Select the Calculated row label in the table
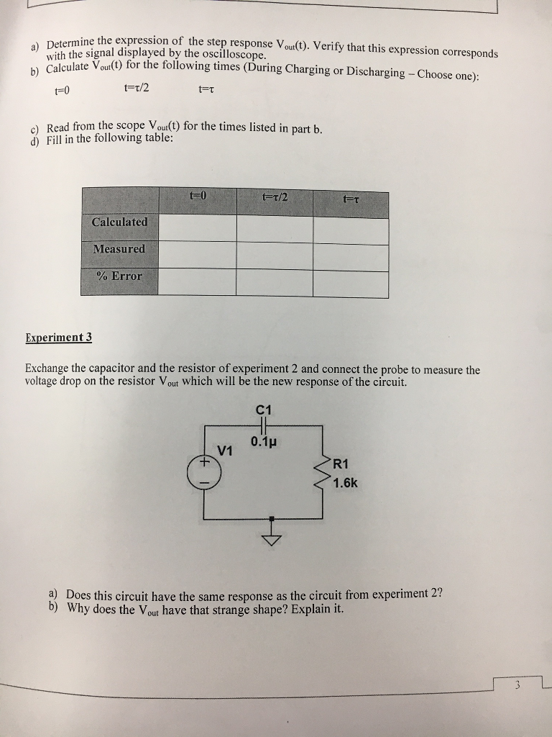coord(119,222)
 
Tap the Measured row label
coord(119,249)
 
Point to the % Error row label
coord(119,276)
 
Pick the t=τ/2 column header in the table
coord(275,197)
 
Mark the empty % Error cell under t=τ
coord(351,283)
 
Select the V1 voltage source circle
coord(204,472)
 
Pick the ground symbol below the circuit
coord(271,536)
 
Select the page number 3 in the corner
coord(517,686)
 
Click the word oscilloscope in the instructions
coord(233,55)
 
